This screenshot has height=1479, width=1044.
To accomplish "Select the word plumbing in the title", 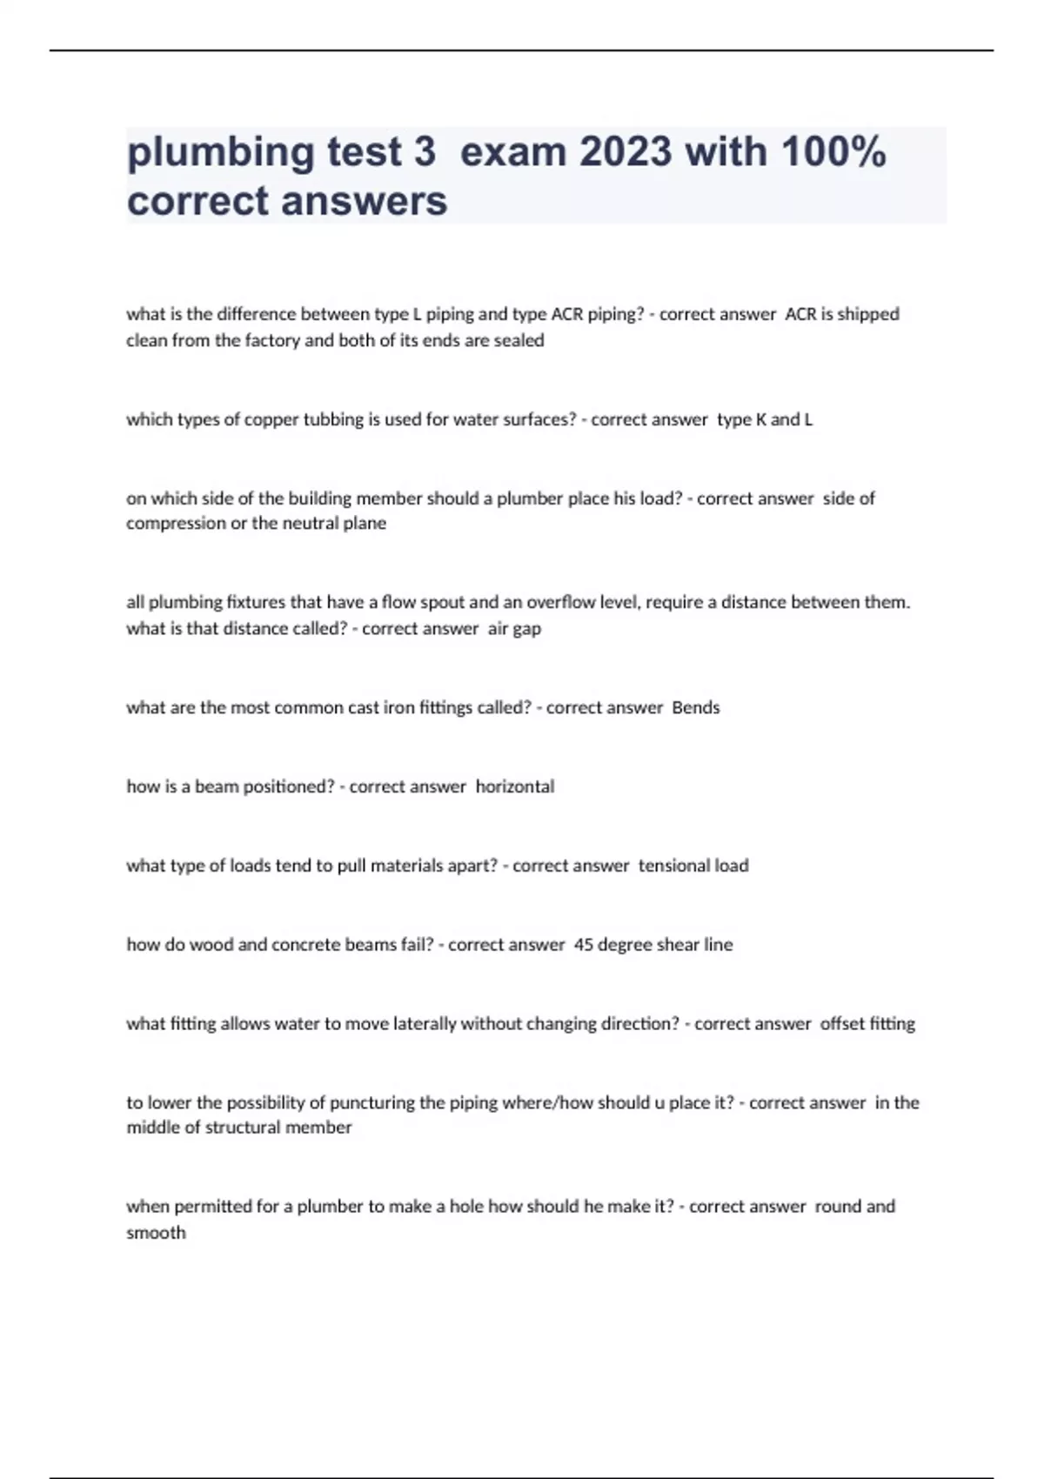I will click(221, 154).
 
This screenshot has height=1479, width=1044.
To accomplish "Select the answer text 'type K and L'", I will click(765, 419).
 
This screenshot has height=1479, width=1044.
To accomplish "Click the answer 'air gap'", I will click(514, 628).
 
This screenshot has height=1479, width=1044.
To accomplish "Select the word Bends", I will click(696, 707).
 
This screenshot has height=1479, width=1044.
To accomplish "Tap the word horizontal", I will click(514, 786).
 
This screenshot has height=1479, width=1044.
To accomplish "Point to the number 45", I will click(584, 945).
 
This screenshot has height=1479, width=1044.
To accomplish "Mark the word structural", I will click(243, 1128).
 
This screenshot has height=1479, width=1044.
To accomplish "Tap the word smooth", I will click(156, 1233).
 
